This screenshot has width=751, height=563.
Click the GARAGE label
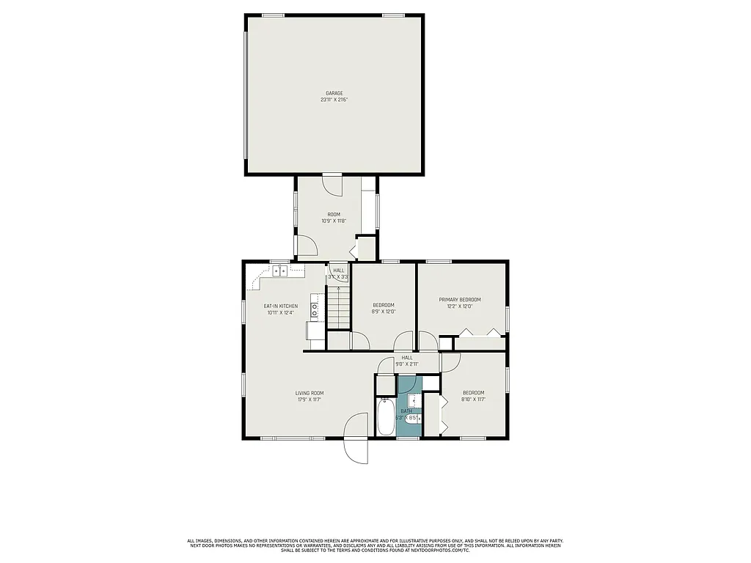tap(334, 93)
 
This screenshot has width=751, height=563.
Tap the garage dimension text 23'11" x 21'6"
tap(334, 100)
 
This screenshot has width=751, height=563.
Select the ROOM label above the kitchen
tap(334, 214)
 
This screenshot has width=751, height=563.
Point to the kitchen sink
tap(279, 271)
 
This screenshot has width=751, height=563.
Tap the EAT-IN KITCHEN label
tap(281, 306)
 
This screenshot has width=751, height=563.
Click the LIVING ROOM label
tap(310, 393)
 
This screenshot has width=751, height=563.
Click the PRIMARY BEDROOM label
tap(460, 299)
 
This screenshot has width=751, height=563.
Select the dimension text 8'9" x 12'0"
tap(384, 312)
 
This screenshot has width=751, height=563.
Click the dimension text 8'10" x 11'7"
tap(473, 400)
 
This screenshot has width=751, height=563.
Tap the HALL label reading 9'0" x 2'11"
tap(406, 364)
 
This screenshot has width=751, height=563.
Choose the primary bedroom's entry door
tap(427, 342)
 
